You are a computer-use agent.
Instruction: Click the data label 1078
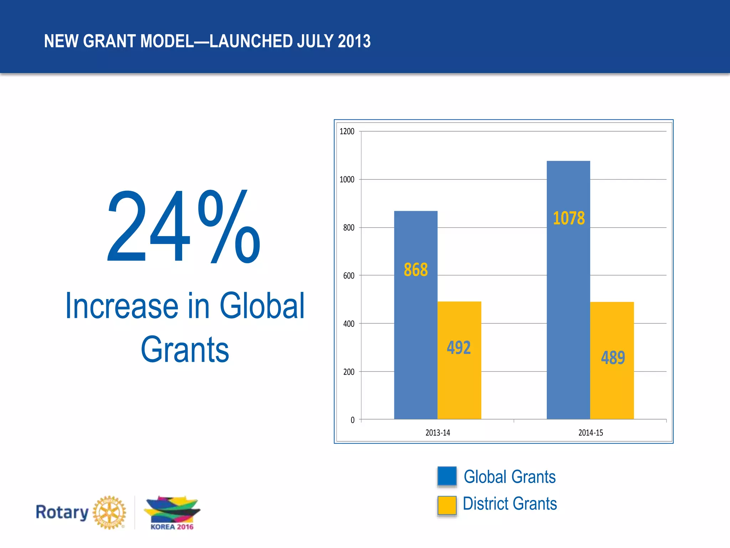(x=569, y=218)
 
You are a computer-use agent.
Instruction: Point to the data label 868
(x=416, y=269)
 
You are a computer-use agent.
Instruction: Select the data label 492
(x=459, y=347)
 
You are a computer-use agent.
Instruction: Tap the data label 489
(x=613, y=357)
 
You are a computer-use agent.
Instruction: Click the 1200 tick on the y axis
(x=347, y=131)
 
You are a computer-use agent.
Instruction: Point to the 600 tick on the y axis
(x=349, y=275)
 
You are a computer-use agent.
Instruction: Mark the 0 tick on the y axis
(x=353, y=420)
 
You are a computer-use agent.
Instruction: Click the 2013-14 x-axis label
(x=438, y=433)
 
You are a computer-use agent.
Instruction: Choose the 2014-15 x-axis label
(x=591, y=433)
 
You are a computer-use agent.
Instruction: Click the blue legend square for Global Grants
(x=447, y=476)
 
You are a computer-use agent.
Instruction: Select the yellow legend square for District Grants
(x=447, y=505)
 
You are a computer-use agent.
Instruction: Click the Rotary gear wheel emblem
(x=109, y=512)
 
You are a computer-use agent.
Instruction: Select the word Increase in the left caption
(x=122, y=306)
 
